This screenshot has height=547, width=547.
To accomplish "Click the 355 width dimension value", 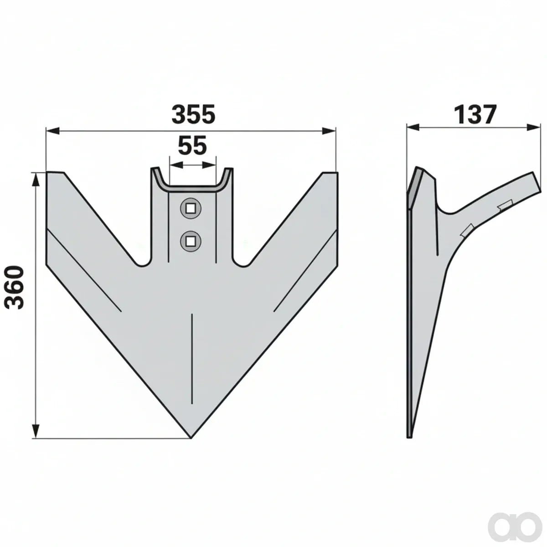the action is coord(194,115).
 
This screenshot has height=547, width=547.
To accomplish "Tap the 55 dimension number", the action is coord(192,146).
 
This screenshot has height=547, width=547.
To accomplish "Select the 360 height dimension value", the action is coord(15,287).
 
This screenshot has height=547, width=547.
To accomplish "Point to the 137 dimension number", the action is coord(475,115).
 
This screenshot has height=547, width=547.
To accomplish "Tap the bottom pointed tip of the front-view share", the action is coord(191,438).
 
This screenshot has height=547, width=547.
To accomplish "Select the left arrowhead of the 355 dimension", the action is coord(53,131).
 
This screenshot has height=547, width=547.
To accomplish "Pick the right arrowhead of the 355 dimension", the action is coord(329,131).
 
